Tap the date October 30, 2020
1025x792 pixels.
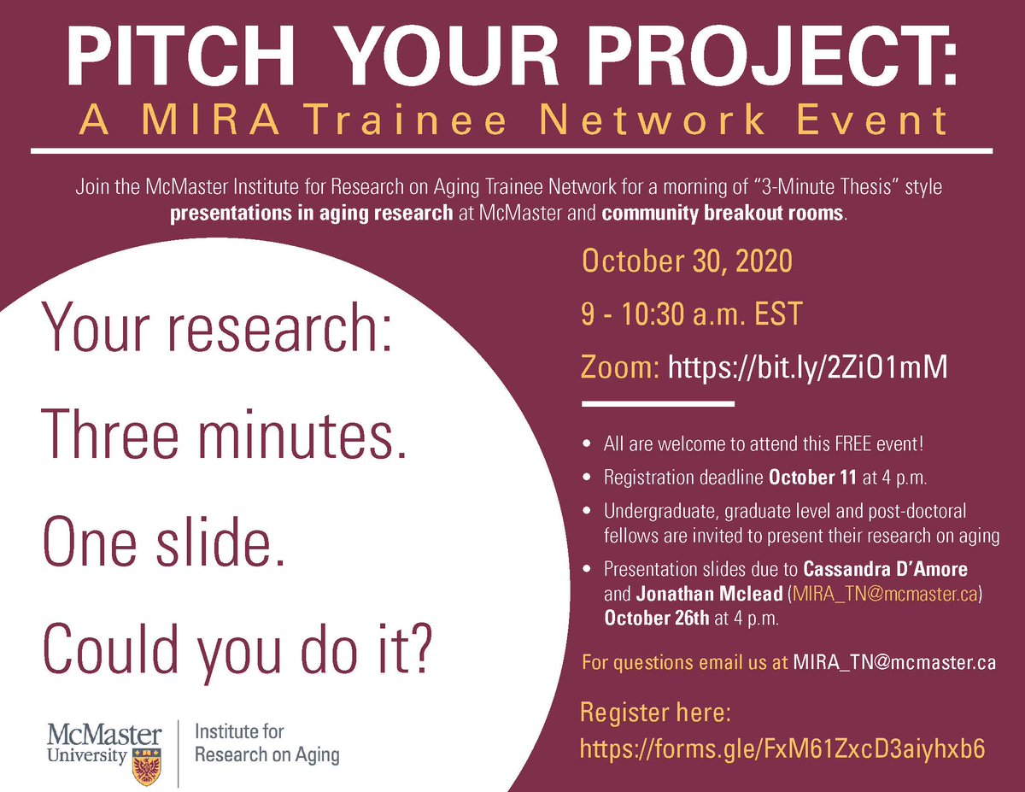click(x=687, y=261)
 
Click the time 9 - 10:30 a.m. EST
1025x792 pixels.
click(x=692, y=314)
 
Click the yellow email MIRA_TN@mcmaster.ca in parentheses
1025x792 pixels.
click(x=885, y=593)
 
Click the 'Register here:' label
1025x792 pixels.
click(x=655, y=712)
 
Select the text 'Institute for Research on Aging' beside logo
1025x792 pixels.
click(x=266, y=743)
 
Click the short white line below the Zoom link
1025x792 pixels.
click(x=658, y=403)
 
